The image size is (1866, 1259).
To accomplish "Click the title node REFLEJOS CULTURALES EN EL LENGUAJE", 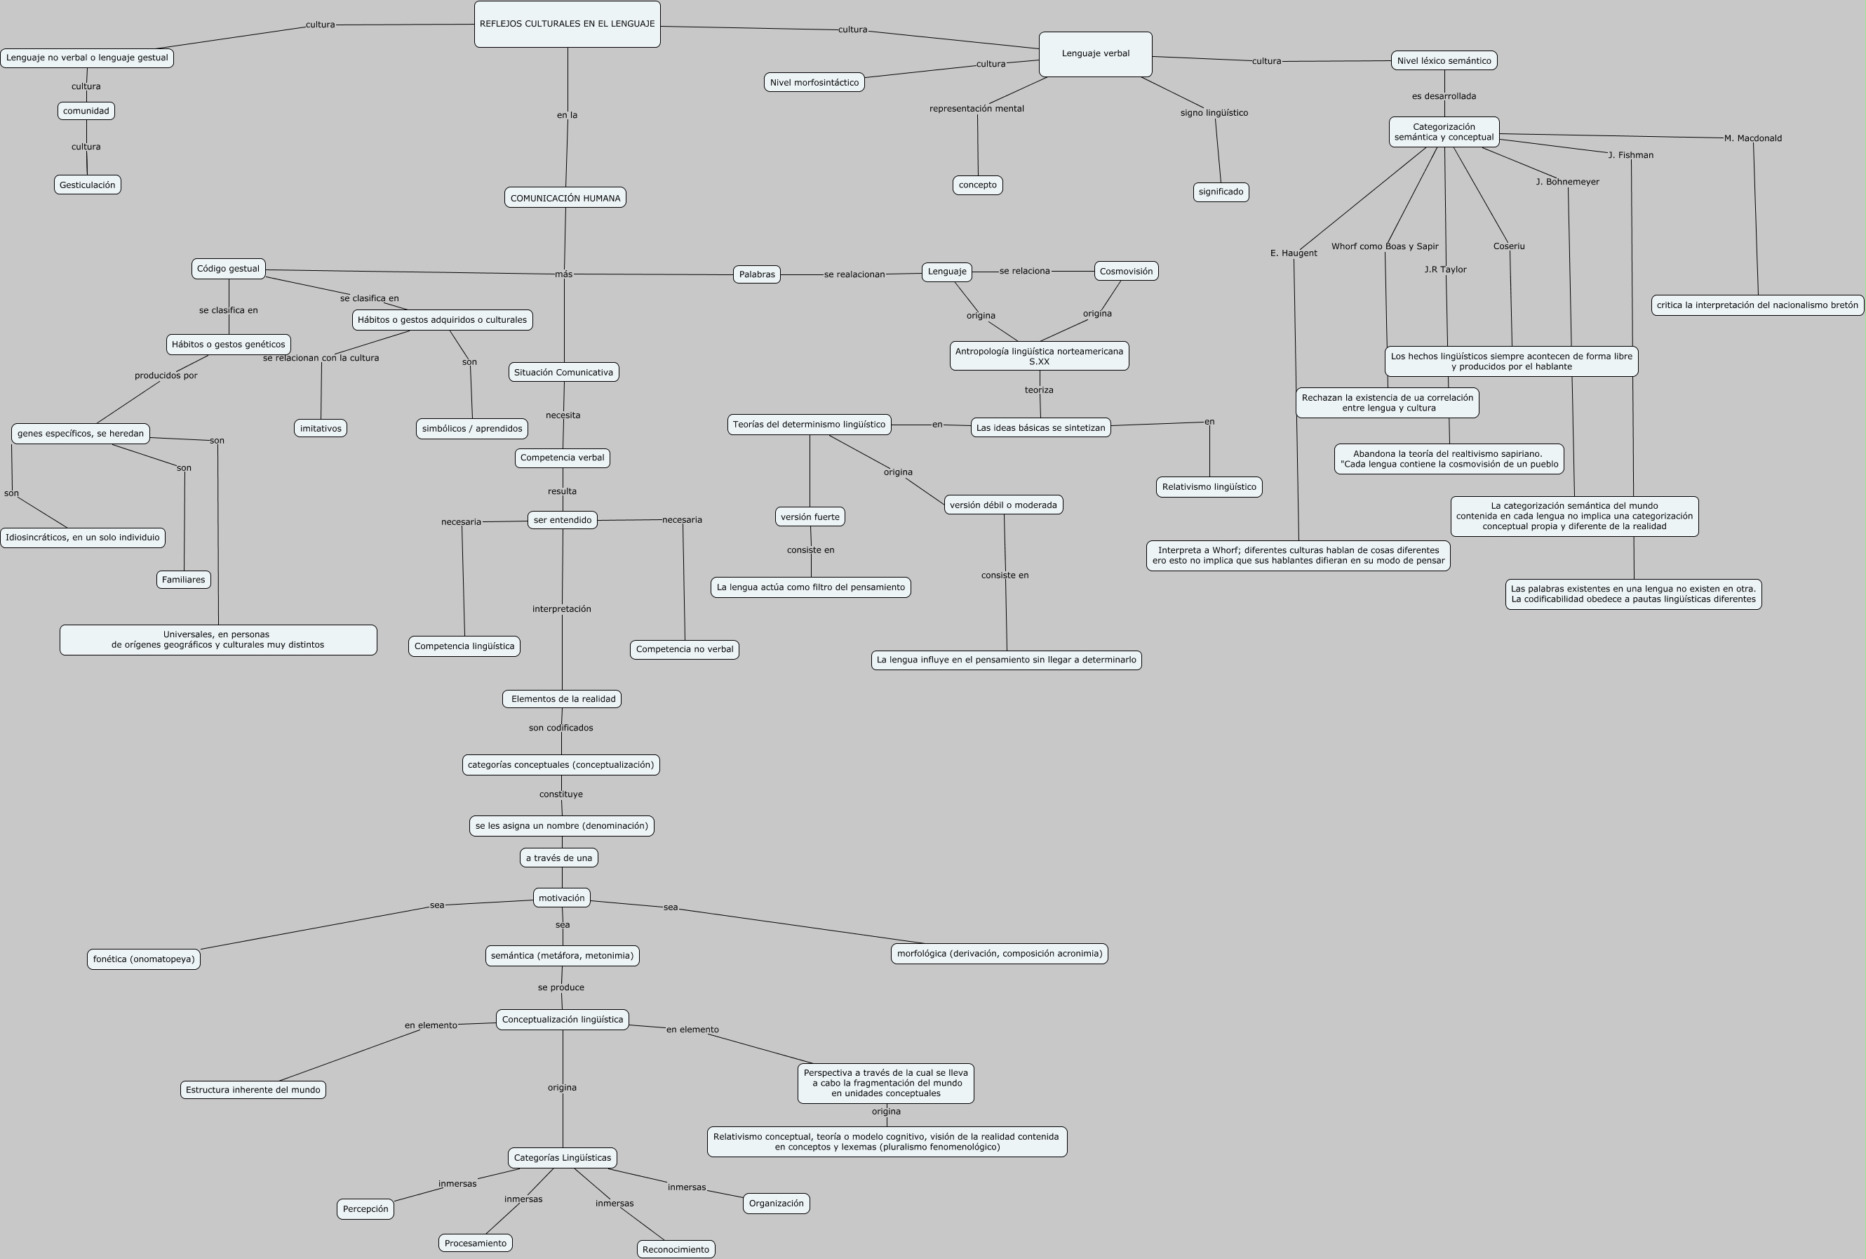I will pos(567,24).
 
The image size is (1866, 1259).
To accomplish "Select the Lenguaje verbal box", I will pos(1095,54).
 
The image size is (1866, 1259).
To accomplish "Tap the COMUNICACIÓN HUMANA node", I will pos(565,197).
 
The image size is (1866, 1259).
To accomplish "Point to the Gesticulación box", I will pos(88,185).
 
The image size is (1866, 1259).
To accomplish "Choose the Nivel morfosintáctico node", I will pos(814,82).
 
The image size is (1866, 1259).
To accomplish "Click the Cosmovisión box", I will pos(1125,272).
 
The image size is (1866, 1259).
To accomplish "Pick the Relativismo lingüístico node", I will pos(1209,486).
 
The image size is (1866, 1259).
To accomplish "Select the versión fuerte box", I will pos(810,517).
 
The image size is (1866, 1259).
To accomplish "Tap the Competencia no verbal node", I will pos(684,648).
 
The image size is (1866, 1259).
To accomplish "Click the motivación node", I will pos(561,898).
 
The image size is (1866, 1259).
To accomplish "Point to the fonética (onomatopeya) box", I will pos(144,959).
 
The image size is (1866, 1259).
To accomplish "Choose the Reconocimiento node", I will pos(676,1248).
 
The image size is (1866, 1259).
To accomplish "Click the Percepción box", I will pos(365,1208).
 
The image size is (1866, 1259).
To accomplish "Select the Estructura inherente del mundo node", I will pos(253,1090).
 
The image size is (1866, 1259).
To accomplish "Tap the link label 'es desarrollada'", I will pos(1443,96).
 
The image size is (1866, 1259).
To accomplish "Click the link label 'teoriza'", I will pos(1038,390).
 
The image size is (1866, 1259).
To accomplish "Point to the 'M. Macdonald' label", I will pos(1752,138).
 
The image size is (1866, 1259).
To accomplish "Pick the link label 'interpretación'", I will pos(561,608).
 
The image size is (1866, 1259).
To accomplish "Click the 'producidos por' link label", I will pos(166,375).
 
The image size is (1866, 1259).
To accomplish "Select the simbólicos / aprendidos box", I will pos(472,428).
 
